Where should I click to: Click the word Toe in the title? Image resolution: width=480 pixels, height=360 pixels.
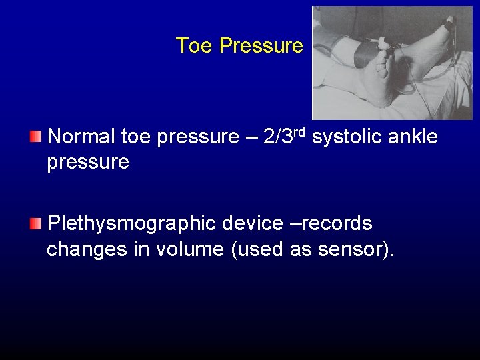click(x=193, y=46)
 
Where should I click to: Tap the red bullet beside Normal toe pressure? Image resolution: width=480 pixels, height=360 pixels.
click(x=35, y=137)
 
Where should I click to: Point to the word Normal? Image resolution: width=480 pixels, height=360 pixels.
click(x=81, y=137)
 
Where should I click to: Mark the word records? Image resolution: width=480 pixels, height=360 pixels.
click(x=337, y=223)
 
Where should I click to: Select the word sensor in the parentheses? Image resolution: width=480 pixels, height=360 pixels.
click(x=357, y=251)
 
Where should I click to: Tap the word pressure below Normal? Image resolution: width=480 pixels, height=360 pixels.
click(x=88, y=163)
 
